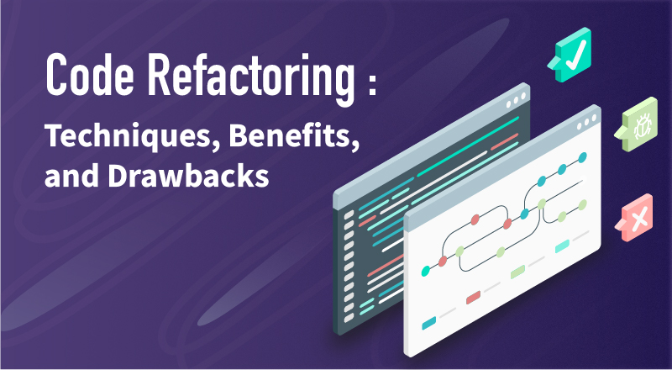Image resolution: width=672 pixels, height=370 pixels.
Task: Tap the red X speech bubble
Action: tap(638, 220)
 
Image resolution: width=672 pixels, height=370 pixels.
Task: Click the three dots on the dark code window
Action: tap(513, 98)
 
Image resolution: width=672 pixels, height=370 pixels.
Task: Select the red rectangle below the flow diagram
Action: tap(473, 296)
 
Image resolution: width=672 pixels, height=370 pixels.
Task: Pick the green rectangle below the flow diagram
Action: tap(517, 271)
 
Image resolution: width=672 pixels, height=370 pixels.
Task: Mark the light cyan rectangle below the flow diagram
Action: tap(562, 245)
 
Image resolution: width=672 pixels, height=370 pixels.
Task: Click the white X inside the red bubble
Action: tap(641, 220)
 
